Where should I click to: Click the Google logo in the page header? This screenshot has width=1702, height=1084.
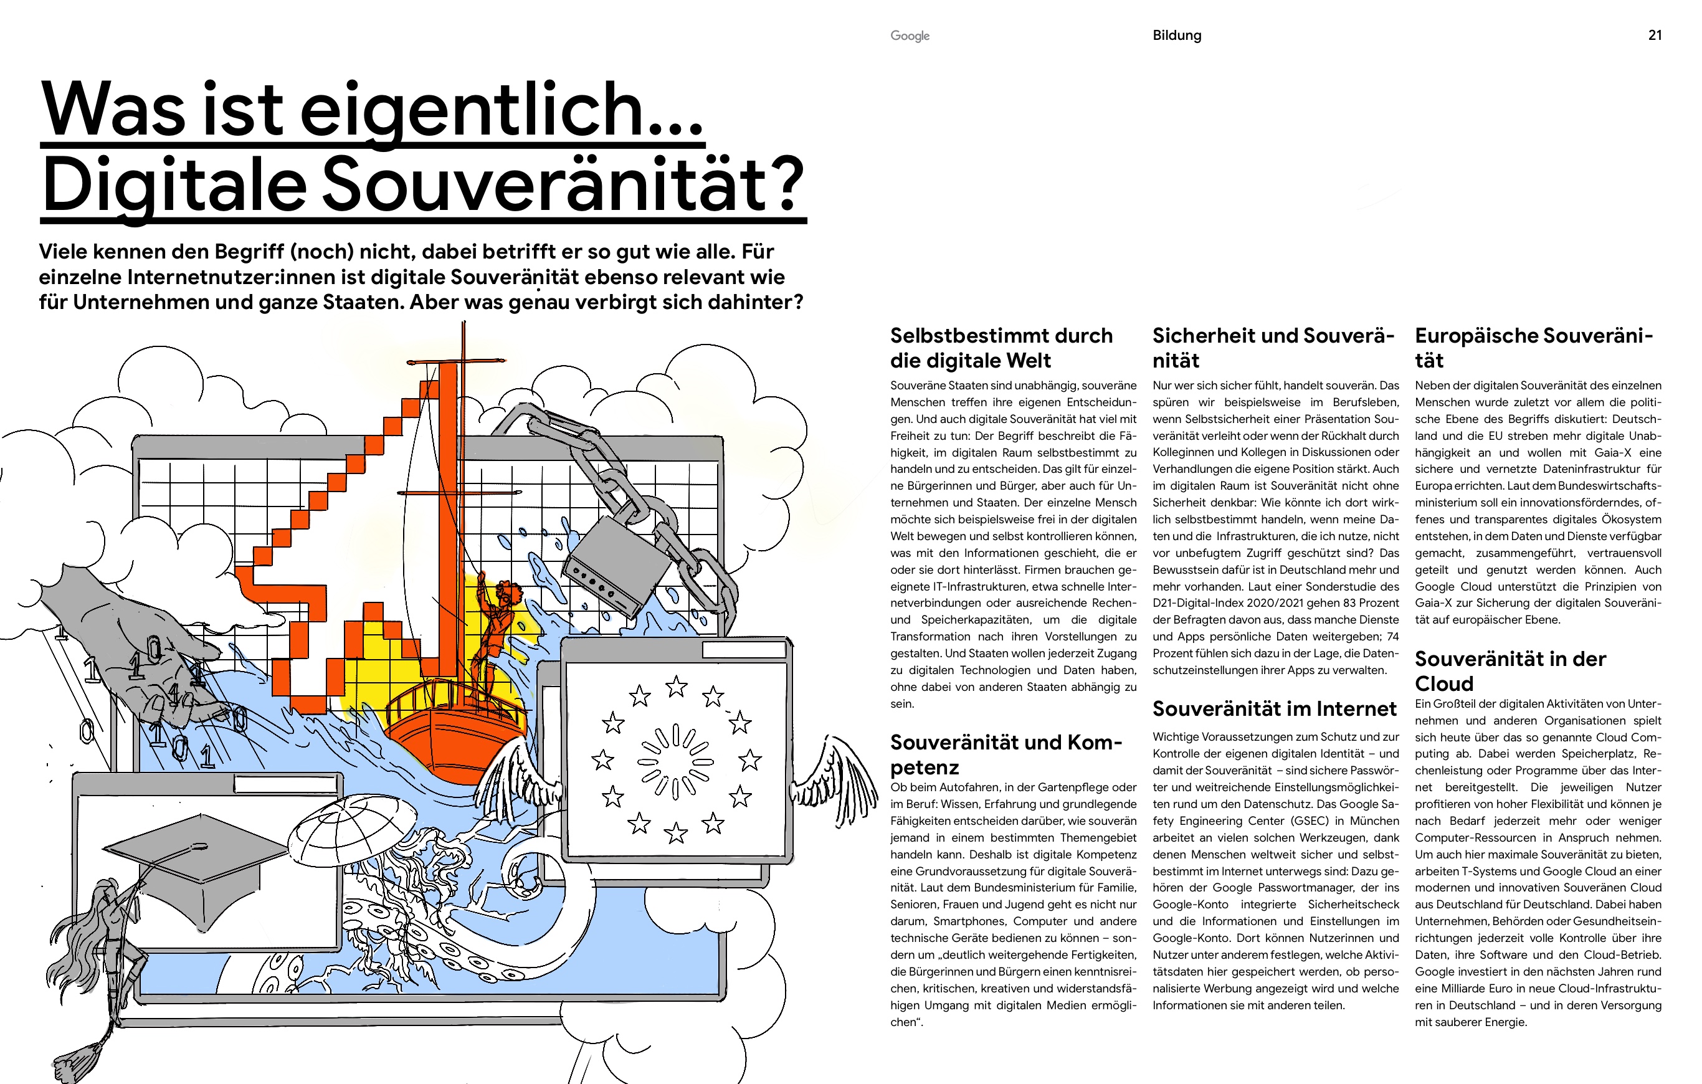click(x=910, y=36)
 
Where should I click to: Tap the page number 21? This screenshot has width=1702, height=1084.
click(x=1655, y=36)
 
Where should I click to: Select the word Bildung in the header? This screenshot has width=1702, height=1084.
click(x=1177, y=36)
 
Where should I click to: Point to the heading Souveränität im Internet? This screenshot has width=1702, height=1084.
click(x=1275, y=709)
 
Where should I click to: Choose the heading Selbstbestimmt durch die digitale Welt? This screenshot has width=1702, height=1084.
click(x=1002, y=348)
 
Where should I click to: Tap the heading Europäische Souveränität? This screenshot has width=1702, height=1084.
click(x=1534, y=348)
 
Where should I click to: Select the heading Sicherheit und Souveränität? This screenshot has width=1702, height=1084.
click(x=1273, y=348)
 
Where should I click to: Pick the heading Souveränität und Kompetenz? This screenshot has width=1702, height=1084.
click(x=1006, y=754)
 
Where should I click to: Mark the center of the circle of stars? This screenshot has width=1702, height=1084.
click(x=676, y=762)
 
